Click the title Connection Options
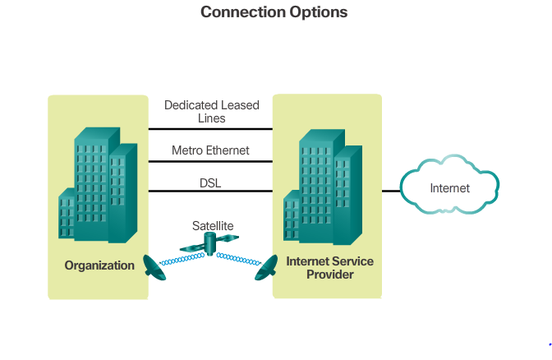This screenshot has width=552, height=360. coord(274,12)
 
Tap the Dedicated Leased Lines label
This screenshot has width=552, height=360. coord(211,112)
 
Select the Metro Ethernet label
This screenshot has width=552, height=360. coord(210,150)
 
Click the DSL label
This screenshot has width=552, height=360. coord(210,182)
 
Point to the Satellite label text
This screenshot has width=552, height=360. coord(213,225)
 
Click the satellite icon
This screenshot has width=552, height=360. coord(210,242)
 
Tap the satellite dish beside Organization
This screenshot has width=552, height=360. coord(154,265)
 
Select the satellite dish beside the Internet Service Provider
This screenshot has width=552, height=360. coord(267,266)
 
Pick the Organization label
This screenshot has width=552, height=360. coord(99,265)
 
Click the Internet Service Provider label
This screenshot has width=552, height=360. coord(329,268)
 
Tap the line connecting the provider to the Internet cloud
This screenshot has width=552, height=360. coord(391,191)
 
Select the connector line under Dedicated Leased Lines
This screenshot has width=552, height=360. coord(210,129)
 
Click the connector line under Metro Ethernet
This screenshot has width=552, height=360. coord(210,161)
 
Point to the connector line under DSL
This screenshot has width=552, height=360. coord(210,192)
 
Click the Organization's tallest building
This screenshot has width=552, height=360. coord(94,177)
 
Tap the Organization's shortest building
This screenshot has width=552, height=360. coord(67,215)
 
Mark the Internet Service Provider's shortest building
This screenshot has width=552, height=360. coord(292,218)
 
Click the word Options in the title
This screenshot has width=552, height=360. coord(318,12)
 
